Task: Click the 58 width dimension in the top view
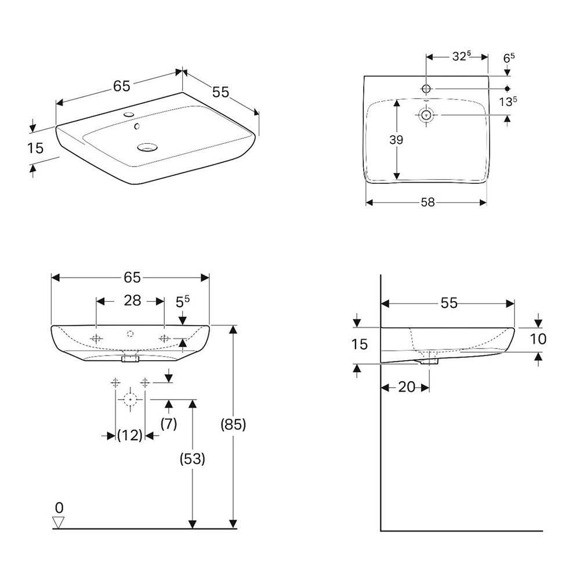(428, 202)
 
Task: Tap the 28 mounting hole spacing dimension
(132, 300)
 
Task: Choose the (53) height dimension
(193, 459)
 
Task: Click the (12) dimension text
(129, 435)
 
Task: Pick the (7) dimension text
(168, 424)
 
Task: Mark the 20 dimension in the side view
(407, 387)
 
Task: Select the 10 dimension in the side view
(539, 339)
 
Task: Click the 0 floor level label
(59, 508)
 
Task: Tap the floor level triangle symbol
(59, 523)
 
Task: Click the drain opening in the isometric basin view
(147, 147)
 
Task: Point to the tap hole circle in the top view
(427, 88)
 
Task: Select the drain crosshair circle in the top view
(427, 115)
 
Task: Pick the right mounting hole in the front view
(165, 338)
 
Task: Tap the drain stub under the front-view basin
(130, 359)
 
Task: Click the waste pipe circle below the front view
(129, 399)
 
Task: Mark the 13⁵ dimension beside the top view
(508, 102)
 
